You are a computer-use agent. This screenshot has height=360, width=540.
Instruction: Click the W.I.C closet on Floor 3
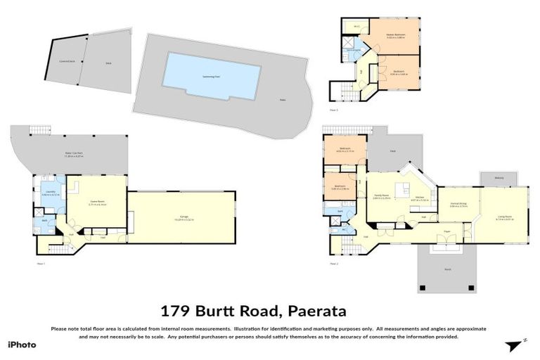[x=356, y=27]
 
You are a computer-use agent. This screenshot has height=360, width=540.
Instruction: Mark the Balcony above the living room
[x=499, y=178]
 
